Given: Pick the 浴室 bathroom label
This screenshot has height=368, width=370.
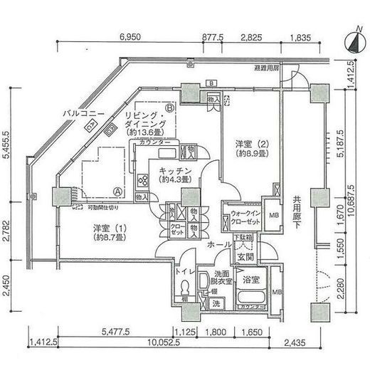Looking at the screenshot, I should pos(248,280).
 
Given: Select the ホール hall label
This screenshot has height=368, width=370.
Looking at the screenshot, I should pos(216,244).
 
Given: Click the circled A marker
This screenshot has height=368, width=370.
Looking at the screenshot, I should pos(116,191).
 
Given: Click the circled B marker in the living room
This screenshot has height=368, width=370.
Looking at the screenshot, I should pos(169,108).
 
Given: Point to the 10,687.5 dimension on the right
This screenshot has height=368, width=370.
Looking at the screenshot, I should pos(350,192).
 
